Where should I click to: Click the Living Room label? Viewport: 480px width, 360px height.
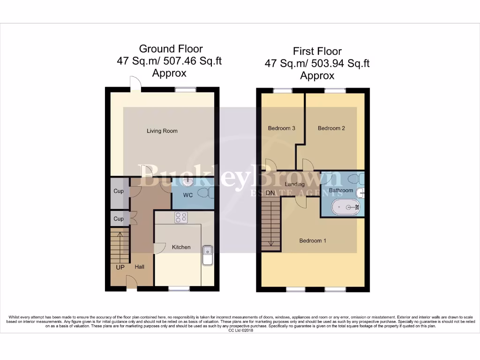[162, 131]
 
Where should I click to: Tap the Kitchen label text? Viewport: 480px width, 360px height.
[181, 247]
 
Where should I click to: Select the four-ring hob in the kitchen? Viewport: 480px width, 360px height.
[181, 217]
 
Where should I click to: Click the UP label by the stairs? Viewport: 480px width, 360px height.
[120, 267]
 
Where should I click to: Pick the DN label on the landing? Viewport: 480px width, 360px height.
[270, 193]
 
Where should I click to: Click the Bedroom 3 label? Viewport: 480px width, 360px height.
[281, 128]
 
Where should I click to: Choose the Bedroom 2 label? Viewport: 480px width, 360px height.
[331, 128]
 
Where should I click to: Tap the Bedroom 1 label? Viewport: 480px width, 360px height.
[313, 240]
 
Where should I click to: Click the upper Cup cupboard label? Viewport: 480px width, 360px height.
[119, 192]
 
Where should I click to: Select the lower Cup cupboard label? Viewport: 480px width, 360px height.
[119, 219]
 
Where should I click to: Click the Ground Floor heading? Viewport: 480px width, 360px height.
[171, 49]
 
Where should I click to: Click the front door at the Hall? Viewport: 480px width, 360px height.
[131, 282]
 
